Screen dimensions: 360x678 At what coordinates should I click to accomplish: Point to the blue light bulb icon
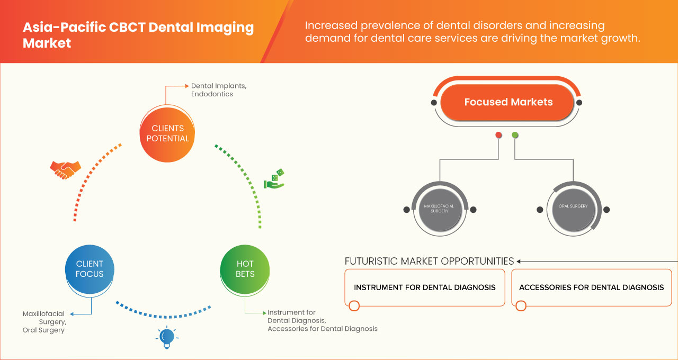(x=167, y=337)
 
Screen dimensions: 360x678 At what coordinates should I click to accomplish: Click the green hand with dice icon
(x=274, y=179)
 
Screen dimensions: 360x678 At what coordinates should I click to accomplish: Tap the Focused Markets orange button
(x=508, y=102)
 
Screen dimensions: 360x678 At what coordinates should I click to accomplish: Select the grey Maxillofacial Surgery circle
(x=439, y=209)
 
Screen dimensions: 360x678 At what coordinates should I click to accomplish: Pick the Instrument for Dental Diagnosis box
(x=424, y=287)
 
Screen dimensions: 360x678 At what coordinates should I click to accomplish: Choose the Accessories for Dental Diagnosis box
(x=591, y=287)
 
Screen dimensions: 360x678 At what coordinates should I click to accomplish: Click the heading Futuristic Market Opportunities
(x=429, y=261)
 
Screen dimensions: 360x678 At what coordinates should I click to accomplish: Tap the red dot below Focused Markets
(x=498, y=135)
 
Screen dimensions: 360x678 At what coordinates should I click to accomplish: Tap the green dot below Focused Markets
(x=515, y=135)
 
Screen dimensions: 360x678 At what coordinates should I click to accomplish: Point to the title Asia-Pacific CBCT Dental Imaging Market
(x=138, y=35)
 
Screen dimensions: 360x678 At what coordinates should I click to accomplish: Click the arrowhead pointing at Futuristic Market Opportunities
(x=519, y=261)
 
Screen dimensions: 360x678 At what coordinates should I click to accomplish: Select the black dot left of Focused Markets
(x=434, y=103)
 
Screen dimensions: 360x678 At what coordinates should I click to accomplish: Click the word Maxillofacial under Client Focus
(x=43, y=314)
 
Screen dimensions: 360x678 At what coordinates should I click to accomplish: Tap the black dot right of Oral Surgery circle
(x=606, y=210)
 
